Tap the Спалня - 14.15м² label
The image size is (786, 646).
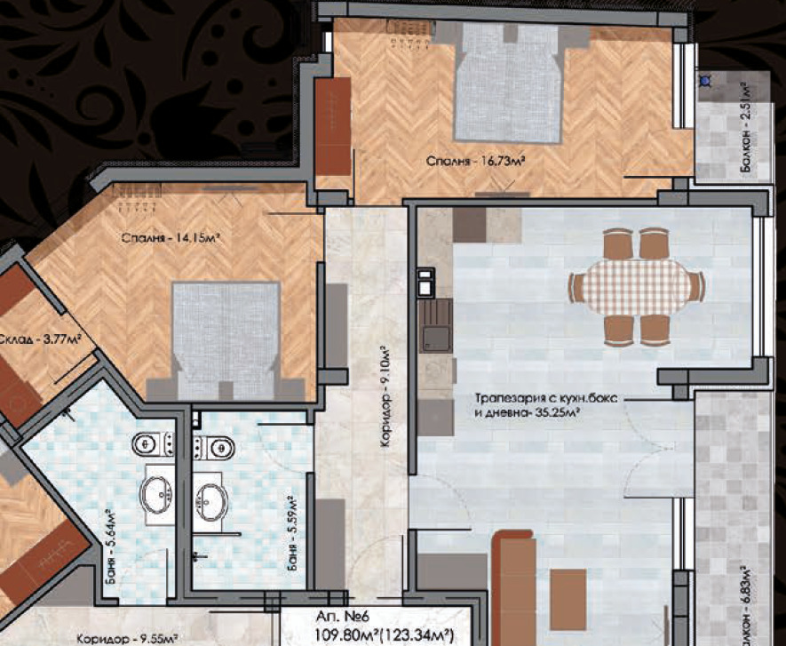pos(171,238)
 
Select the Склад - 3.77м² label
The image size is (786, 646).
pos(40,339)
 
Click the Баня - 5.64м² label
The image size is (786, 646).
pos(111,547)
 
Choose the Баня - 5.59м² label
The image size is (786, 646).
pos(291,533)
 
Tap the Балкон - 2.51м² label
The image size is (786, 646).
pos(746,128)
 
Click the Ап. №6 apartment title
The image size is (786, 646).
pos(344,616)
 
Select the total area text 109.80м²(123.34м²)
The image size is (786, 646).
pos(385,634)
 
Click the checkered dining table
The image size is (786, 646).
pos(636,287)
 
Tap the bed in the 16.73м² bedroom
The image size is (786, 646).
pos(508,83)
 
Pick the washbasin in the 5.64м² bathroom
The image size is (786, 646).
pos(157,495)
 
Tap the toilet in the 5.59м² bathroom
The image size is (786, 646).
pos(215,447)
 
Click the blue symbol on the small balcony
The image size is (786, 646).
pos(705,80)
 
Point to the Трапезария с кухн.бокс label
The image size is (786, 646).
pos(546,399)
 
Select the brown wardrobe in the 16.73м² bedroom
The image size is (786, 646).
pos(333,126)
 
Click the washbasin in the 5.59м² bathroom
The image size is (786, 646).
pos(211,502)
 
